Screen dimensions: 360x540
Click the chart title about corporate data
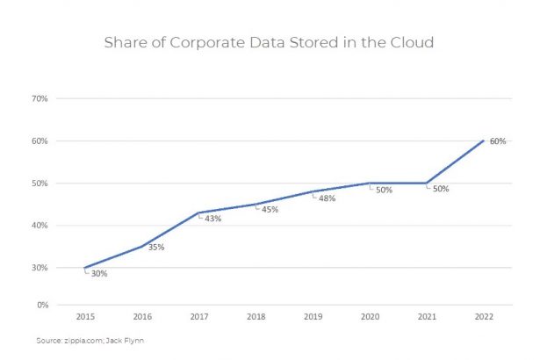pos(269,42)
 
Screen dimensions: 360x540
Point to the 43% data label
pos(212,219)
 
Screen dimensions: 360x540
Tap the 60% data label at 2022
pos(497,140)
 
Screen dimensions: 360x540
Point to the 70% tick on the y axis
pos(40,98)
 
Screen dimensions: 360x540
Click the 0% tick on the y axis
pos(41,305)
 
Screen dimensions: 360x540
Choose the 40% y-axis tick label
pos(40,225)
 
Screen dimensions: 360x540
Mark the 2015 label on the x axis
pos(84,316)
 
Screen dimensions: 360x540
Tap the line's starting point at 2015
pos(84,268)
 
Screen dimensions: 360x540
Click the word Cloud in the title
pos(411,42)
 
